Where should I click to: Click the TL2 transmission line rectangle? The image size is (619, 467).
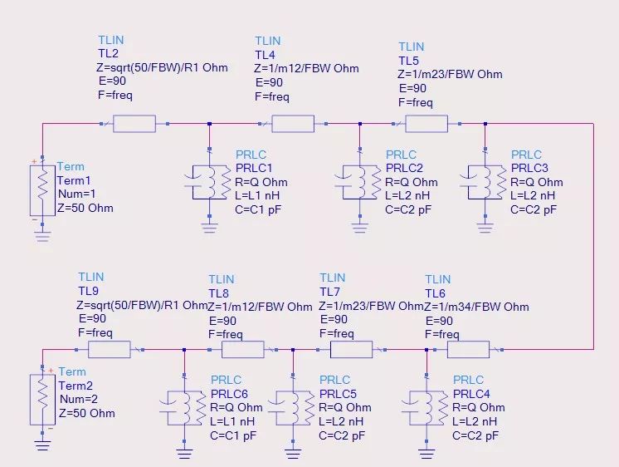[134, 124]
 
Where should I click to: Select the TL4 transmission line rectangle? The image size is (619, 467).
[293, 124]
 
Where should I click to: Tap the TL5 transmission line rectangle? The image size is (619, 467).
[426, 124]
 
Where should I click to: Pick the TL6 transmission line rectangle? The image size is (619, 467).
[468, 350]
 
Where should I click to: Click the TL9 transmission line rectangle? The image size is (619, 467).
[110, 350]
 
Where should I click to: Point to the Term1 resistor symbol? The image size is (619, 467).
[42, 190]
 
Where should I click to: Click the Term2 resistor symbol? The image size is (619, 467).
[42, 400]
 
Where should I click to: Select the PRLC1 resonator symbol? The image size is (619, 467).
[208, 182]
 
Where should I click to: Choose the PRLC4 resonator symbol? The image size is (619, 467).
[426, 408]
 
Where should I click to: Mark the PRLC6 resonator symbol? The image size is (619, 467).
[183, 408]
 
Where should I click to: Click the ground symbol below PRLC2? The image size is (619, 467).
[359, 228]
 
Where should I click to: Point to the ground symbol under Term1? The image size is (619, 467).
[42, 236]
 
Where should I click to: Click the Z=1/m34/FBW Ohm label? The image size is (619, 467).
[476, 307]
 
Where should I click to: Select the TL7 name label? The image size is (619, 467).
[329, 292]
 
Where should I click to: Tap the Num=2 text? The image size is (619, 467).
[79, 399]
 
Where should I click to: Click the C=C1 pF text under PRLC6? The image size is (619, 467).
[233, 435]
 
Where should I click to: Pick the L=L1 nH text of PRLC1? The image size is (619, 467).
[257, 195]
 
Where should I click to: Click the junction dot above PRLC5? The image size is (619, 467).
[293, 350]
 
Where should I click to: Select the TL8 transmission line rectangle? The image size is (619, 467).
[243, 350]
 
